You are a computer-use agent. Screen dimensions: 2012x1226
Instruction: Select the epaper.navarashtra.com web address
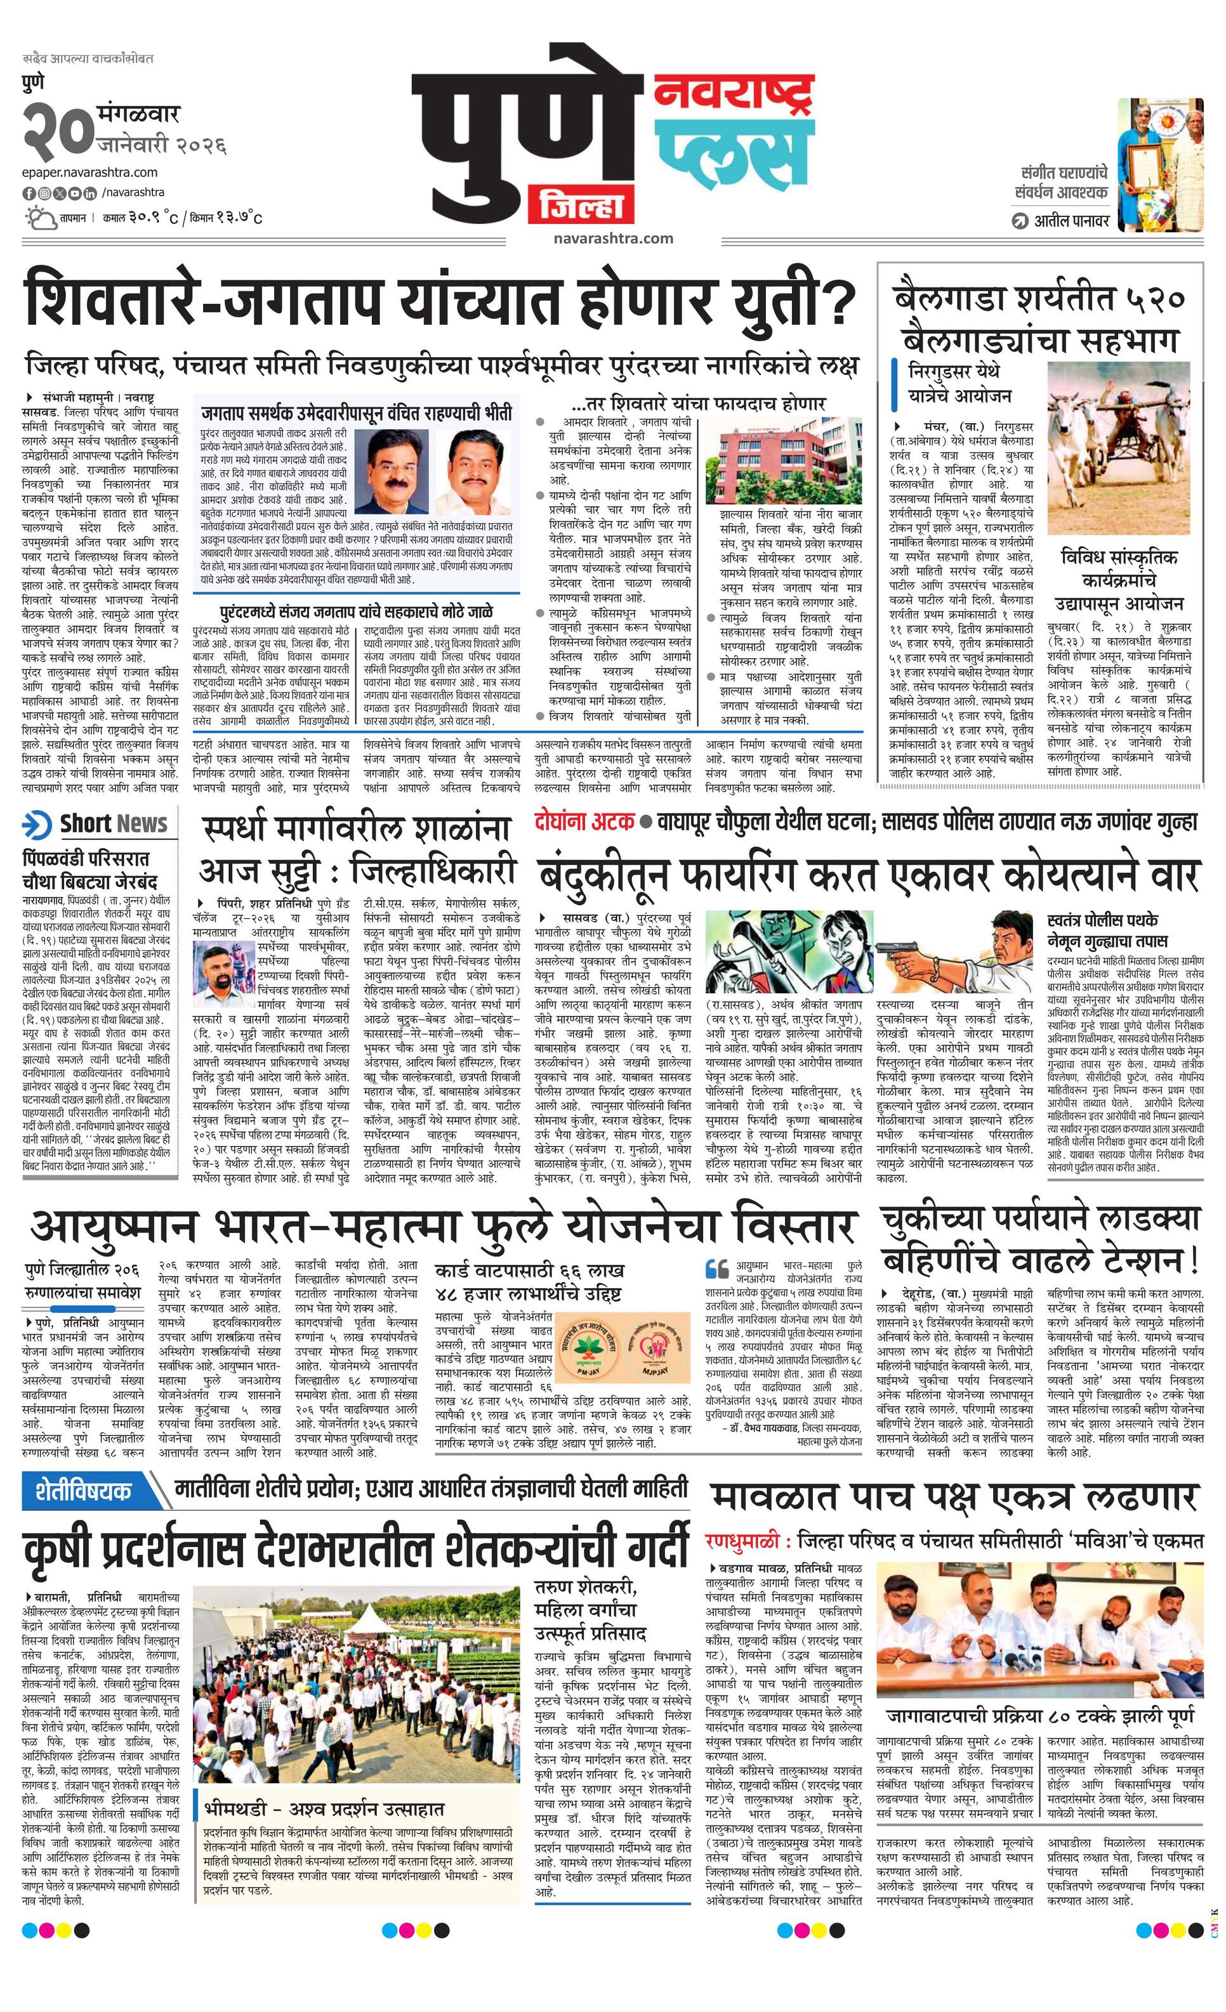(x=90, y=173)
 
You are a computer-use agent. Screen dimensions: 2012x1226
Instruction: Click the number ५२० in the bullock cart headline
(x=1147, y=299)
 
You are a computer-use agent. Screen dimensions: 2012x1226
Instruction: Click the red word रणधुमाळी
(x=746, y=1541)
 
